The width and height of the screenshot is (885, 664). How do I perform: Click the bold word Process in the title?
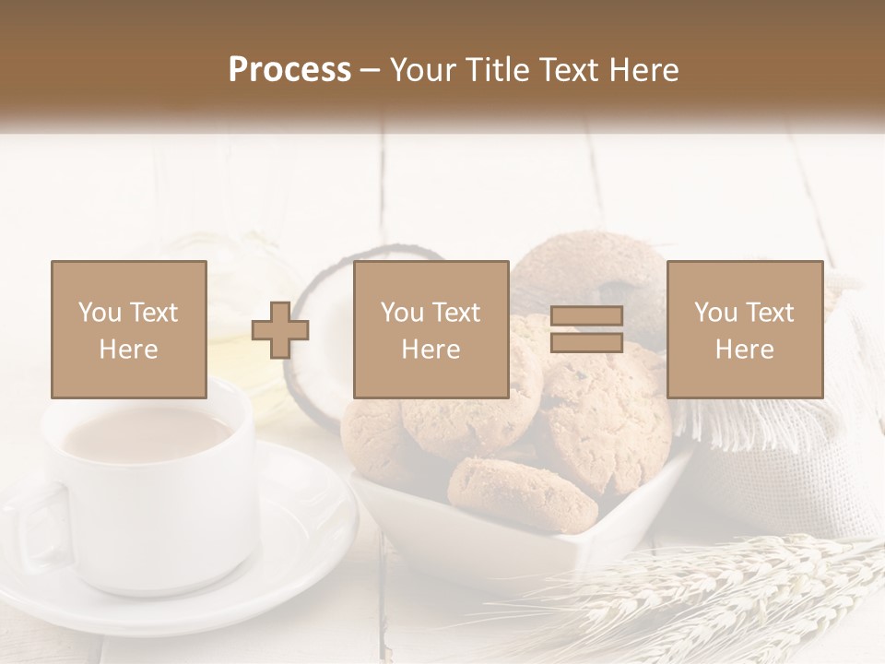coord(289,70)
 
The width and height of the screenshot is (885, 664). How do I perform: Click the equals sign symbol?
coord(586,329)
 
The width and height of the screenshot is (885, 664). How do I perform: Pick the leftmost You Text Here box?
coord(128,329)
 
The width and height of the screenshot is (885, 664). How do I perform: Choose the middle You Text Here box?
coord(431,329)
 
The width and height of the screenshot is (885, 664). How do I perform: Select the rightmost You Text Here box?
coord(744,329)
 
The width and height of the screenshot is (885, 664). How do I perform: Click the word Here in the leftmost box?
coord(128,350)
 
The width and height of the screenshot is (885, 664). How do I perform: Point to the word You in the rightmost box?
coord(715,313)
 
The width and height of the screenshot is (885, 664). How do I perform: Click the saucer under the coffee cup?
coord(304,544)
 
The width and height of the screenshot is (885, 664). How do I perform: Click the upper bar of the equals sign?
coord(586,316)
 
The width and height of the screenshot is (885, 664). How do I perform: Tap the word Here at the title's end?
coord(645,70)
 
